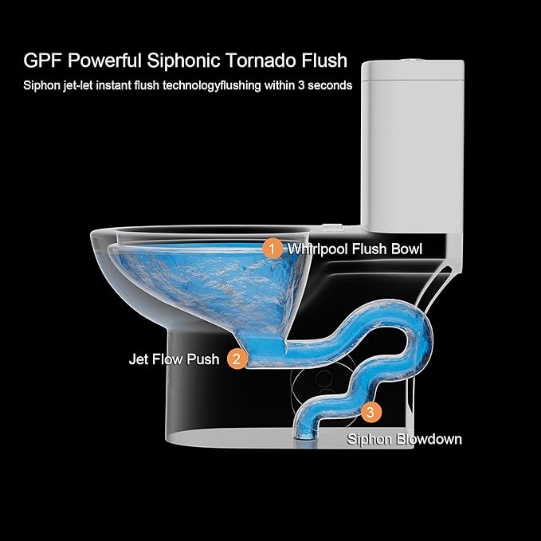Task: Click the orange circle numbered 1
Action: (x=272, y=249)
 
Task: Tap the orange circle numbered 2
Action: (x=237, y=359)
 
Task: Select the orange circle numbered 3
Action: (x=370, y=412)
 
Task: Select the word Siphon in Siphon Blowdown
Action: (x=369, y=439)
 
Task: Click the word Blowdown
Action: (x=429, y=439)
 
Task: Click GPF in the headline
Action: (x=43, y=61)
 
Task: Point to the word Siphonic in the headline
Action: (x=183, y=61)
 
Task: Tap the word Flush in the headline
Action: (x=324, y=61)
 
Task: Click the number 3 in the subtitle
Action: (x=301, y=85)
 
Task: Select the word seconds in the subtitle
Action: (x=330, y=85)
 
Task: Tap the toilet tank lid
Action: (x=413, y=70)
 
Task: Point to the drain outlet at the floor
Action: (x=304, y=437)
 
